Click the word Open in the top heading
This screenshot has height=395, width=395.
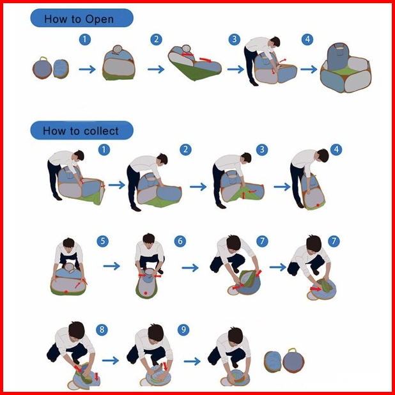click(x=99, y=19)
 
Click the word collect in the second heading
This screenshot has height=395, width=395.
click(x=101, y=131)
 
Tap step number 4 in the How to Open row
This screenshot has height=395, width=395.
click(x=307, y=39)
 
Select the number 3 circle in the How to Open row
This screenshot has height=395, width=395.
click(x=235, y=39)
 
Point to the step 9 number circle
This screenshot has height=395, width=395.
click(x=183, y=330)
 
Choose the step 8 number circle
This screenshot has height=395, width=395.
click(x=102, y=330)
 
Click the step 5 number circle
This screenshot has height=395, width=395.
click(x=102, y=241)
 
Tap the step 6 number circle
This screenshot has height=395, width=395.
click(x=180, y=241)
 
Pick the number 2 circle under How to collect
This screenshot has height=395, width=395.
click(x=185, y=150)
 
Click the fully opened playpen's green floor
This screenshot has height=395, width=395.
click(x=346, y=69)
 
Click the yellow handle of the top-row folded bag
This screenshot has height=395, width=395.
click(x=44, y=59)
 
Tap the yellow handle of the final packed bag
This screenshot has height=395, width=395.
click(x=293, y=350)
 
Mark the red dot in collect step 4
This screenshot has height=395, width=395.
click(x=318, y=205)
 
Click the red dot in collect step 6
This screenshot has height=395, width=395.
click(x=146, y=293)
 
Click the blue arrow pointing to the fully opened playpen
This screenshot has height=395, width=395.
click(x=309, y=69)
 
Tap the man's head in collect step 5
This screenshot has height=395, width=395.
click(x=68, y=244)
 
